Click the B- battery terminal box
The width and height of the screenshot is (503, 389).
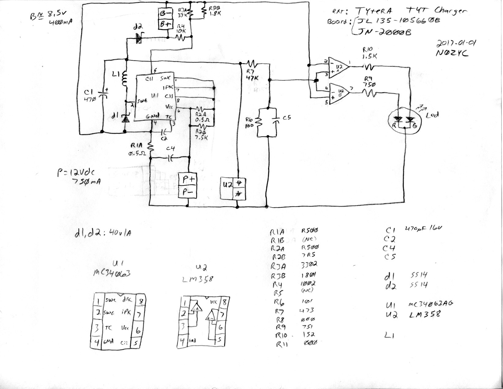(166, 14)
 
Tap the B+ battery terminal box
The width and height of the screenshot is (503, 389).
(166, 24)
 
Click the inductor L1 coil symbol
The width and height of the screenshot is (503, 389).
(125, 79)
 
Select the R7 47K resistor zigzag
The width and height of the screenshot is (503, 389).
(252, 64)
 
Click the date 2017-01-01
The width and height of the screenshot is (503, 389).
(453, 43)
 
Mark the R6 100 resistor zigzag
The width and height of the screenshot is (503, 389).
(258, 122)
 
